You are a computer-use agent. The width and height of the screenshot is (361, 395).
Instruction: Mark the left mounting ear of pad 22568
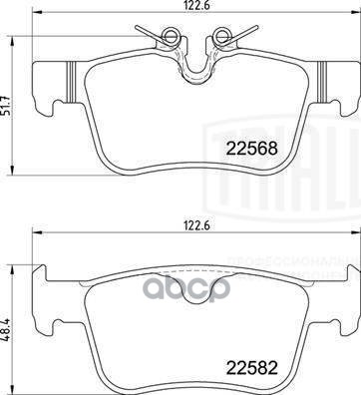tap(46, 86)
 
